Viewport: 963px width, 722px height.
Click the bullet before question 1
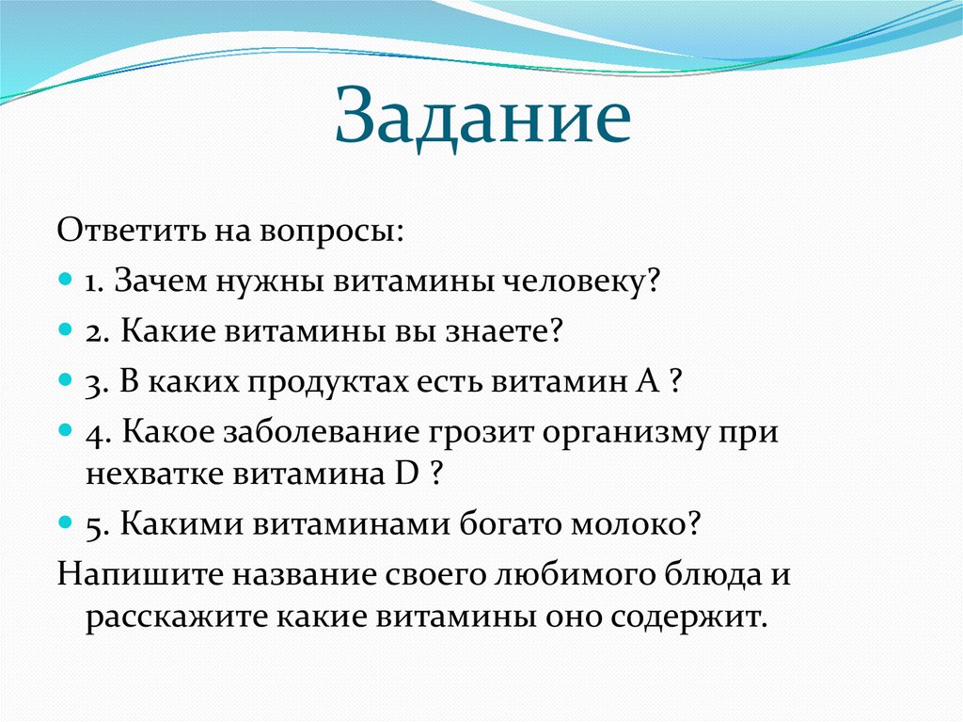[65, 281]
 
